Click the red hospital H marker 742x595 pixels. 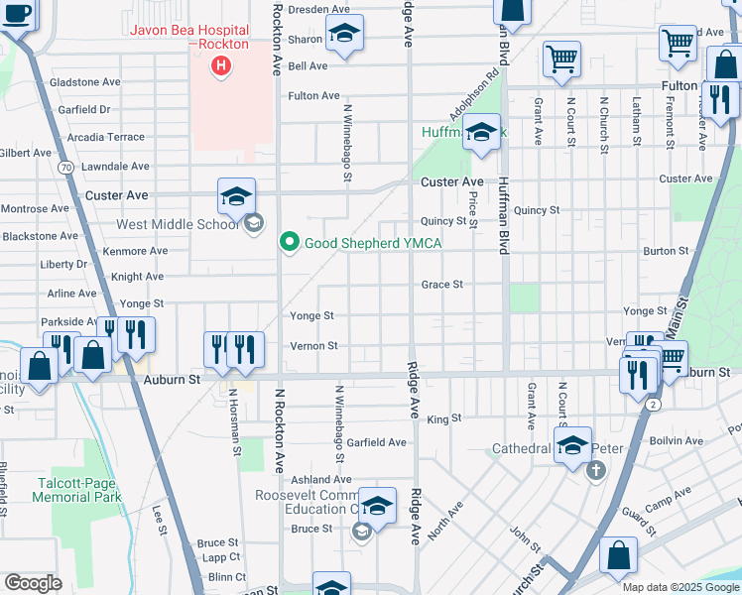[221, 66]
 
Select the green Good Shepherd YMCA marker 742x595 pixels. [290, 242]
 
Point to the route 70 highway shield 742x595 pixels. [65, 169]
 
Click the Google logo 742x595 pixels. [33, 583]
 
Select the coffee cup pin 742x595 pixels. [18, 16]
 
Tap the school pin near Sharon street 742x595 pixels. [343, 35]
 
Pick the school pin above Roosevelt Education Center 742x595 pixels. [377, 507]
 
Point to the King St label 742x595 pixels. [444, 419]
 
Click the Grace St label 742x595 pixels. [442, 285]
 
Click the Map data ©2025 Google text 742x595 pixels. [680, 587]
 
